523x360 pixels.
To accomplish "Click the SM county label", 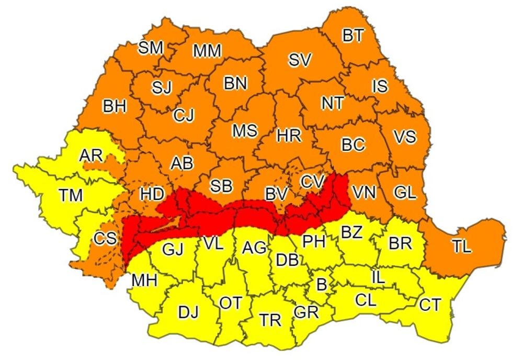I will point(151,48).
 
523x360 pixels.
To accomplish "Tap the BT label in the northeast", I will point(353,36).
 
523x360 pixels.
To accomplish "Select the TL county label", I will point(461,248).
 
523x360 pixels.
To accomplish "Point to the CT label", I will point(430,305).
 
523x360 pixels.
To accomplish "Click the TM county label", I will point(71,196).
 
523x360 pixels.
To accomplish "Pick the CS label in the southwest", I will point(105,239).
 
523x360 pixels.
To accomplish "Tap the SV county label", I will point(300,61).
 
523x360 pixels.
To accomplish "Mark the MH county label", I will point(144,280).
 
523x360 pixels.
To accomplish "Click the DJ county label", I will point(189,312).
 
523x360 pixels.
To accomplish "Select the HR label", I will point(289,136).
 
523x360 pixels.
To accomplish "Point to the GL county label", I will point(405,193).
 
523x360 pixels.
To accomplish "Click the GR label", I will point(306,312).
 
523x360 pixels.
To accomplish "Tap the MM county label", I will point(207,51).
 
